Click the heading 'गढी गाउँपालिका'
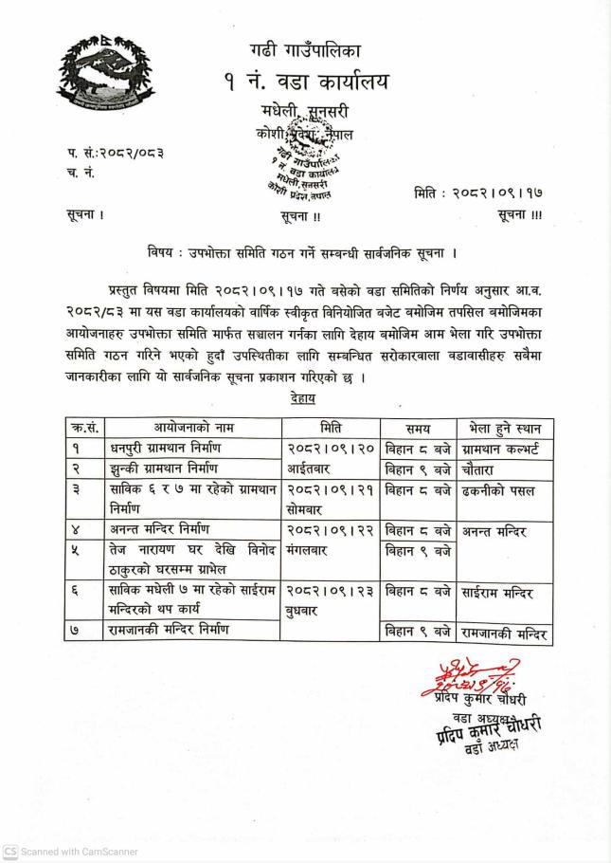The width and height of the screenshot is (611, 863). click(x=305, y=50)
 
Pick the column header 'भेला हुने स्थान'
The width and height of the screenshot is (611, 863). click(x=506, y=427)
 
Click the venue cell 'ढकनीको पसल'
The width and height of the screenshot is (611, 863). click(x=498, y=490)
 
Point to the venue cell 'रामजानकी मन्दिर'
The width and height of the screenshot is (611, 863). click(x=505, y=633)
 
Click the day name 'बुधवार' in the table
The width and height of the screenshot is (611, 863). click(x=306, y=612)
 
